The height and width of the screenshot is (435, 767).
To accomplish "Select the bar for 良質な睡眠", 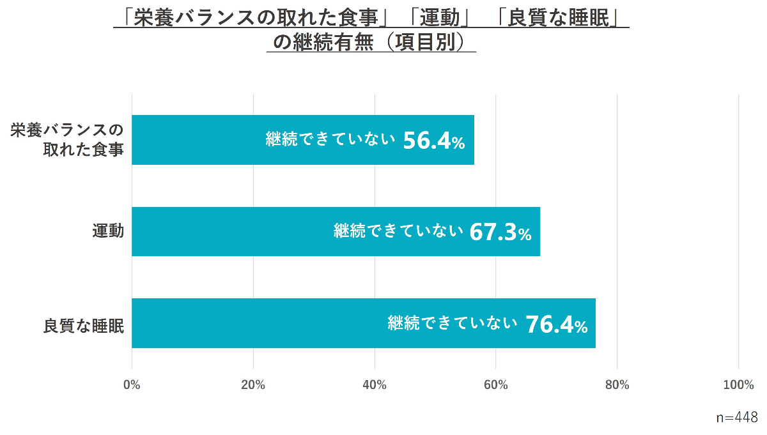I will coord(256,323).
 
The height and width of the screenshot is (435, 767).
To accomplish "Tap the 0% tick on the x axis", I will coord(132,385).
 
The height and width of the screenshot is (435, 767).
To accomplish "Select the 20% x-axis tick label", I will coord(253,385).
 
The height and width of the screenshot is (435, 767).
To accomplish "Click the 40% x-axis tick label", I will coord(375,385).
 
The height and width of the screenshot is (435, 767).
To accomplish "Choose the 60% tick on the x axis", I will coord(496,385).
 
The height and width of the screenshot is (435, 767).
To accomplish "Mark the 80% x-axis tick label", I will coord(617,385).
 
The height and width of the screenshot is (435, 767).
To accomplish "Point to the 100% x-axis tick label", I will coord(738,385).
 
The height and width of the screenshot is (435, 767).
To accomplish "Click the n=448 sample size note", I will coord(737,417).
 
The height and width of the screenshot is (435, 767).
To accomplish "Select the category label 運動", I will coord(108,231).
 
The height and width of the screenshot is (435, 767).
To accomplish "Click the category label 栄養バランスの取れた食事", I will coord(66,141).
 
